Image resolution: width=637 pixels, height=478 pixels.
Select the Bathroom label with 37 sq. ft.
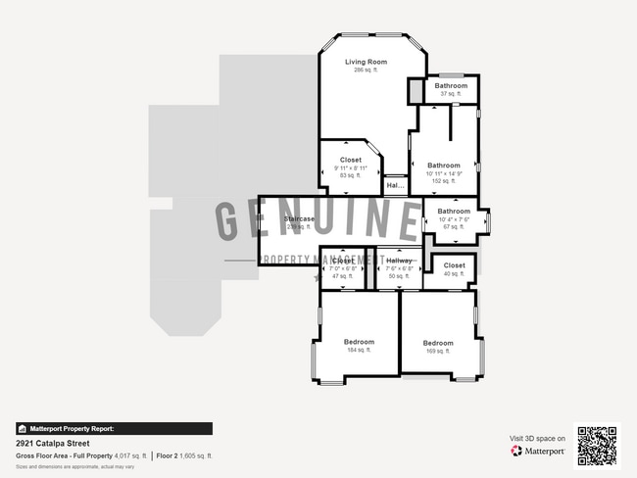coord(452,85)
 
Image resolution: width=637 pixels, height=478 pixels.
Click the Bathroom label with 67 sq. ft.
coord(454,211)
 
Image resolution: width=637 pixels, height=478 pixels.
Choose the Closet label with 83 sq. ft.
coord(351,160)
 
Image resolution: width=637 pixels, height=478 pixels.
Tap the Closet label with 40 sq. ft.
coord(455,265)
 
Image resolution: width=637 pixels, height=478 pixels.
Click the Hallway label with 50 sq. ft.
coord(399,261)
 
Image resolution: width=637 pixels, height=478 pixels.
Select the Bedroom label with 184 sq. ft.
coord(360,342)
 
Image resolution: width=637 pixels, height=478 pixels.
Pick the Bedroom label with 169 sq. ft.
coord(438,343)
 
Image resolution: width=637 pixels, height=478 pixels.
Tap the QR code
coord(597,446)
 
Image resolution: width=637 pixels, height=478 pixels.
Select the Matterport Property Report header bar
coord(114,428)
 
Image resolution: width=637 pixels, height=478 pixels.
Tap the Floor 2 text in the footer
coord(170,455)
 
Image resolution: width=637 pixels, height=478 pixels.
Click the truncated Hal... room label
coord(395,184)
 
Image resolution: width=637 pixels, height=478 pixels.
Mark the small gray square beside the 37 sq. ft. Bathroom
coord(416,90)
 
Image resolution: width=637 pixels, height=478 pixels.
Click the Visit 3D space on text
coord(537,438)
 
